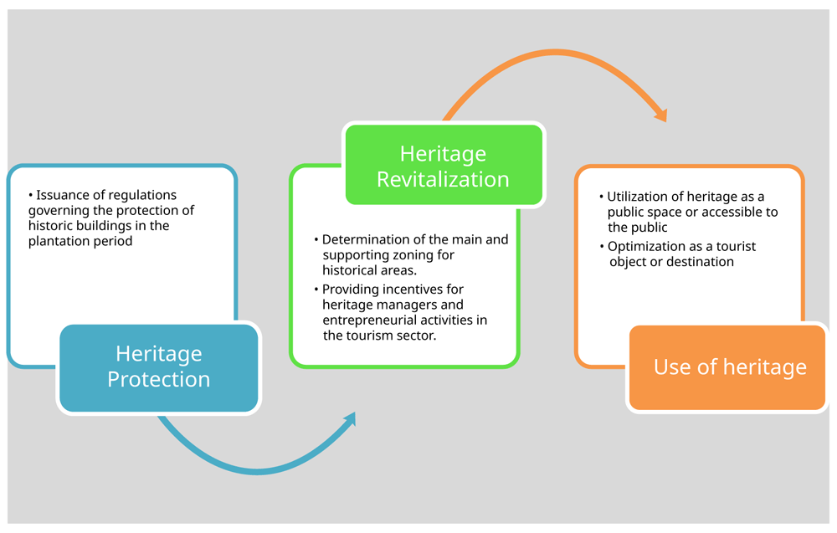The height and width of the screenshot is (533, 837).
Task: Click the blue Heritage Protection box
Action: (x=158, y=367)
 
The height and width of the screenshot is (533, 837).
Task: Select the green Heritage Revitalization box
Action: (x=444, y=165)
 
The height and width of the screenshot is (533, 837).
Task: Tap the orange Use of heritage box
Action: (x=727, y=367)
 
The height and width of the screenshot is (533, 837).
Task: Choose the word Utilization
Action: (x=635, y=197)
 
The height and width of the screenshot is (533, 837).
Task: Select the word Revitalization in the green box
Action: (x=443, y=179)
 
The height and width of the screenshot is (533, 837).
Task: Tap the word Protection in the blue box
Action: (x=158, y=379)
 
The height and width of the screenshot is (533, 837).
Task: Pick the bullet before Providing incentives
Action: (x=316, y=290)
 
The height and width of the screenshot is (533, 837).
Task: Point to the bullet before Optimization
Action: (x=602, y=247)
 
